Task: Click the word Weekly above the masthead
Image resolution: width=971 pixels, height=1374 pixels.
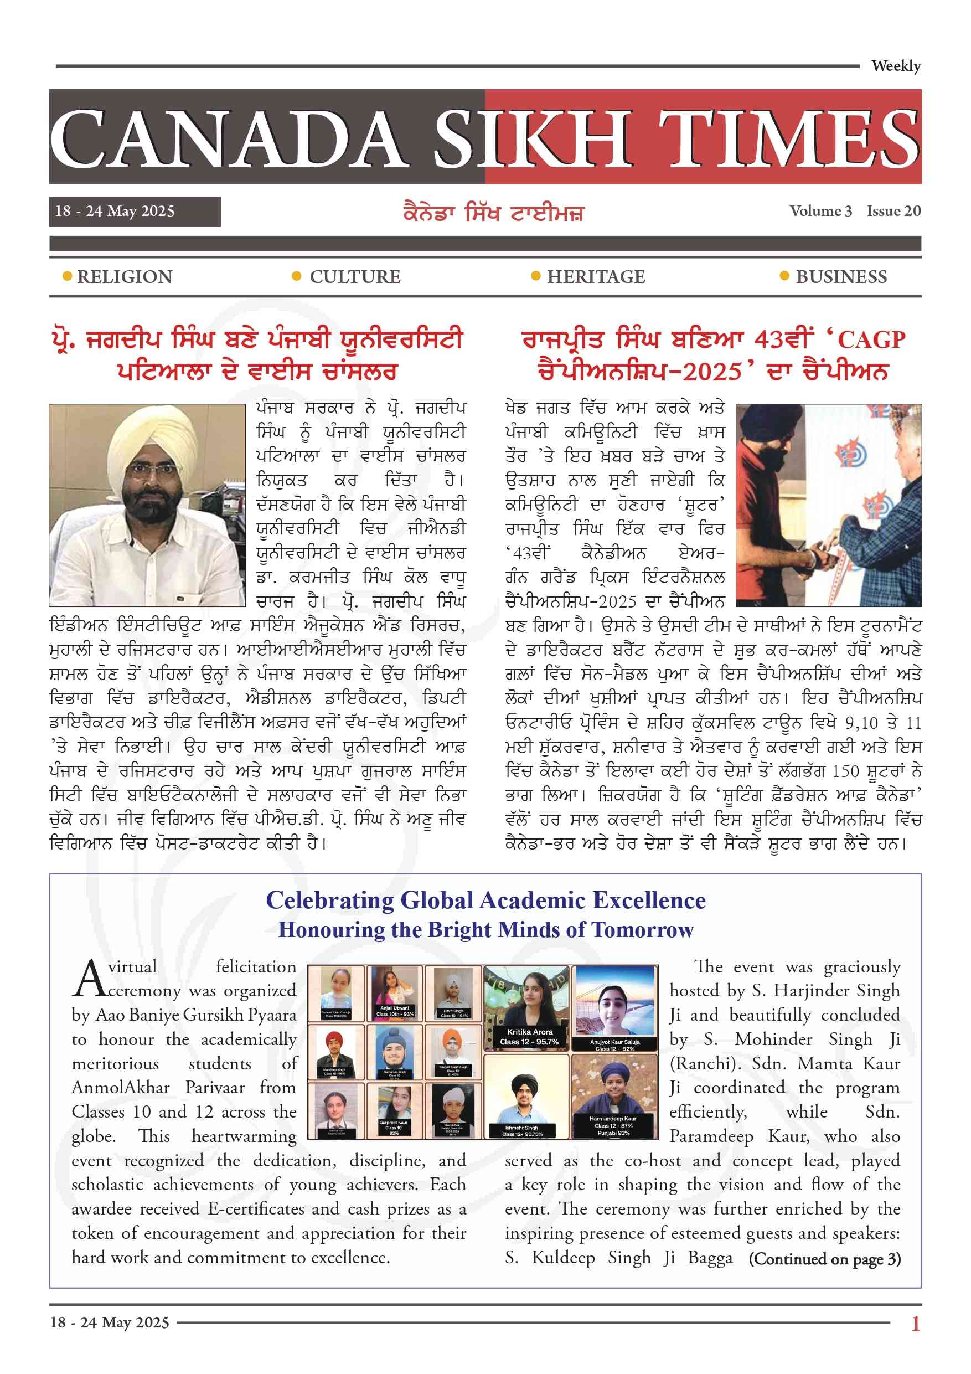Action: [895, 66]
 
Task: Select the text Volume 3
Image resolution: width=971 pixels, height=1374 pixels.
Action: [820, 211]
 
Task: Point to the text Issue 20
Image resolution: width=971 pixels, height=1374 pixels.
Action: [893, 211]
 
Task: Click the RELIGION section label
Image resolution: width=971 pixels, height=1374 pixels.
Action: [125, 277]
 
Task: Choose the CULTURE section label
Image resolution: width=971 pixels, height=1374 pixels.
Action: [355, 277]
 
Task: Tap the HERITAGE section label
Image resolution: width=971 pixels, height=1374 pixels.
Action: [596, 277]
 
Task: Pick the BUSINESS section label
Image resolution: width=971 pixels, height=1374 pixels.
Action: [841, 277]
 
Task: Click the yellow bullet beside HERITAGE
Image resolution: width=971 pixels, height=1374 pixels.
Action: [535, 276]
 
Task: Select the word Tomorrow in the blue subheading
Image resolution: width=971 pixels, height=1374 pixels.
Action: [643, 930]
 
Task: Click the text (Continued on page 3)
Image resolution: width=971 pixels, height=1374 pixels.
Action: [824, 1259]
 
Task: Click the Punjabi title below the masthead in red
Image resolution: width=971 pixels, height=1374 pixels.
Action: [494, 213]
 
